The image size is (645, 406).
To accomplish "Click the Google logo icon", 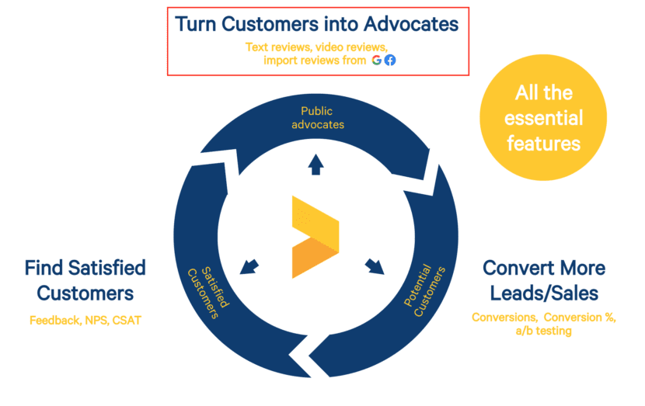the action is click(x=376, y=60).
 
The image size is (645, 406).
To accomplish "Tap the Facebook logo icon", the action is click(x=390, y=60).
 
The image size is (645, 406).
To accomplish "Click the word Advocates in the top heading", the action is click(x=411, y=24).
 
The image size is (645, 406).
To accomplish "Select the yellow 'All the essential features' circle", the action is click(x=543, y=117).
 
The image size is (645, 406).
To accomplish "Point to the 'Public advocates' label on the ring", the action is click(x=317, y=117).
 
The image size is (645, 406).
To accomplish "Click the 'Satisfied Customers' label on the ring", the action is click(x=208, y=293).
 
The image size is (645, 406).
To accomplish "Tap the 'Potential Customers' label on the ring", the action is click(x=424, y=291).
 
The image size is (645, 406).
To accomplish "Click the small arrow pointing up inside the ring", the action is click(x=316, y=165).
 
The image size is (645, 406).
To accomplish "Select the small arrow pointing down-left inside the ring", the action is click(x=249, y=267).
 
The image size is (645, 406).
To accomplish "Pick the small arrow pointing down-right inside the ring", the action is click(x=375, y=267).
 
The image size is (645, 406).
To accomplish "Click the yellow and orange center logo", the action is click(x=316, y=237).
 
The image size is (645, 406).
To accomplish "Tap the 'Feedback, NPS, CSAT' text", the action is click(x=85, y=320).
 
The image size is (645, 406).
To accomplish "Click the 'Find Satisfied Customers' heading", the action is click(x=85, y=281).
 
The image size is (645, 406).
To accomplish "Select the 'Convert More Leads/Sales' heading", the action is click(x=544, y=281).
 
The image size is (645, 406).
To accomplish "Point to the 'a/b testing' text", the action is click(x=543, y=331).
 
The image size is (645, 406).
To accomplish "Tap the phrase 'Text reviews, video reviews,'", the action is click(x=317, y=47).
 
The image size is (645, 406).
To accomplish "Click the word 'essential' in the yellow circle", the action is click(x=543, y=118).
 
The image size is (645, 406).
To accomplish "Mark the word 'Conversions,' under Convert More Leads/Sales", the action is click(x=504, y=318).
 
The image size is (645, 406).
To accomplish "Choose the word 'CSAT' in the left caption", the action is click(x=127, y=320).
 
